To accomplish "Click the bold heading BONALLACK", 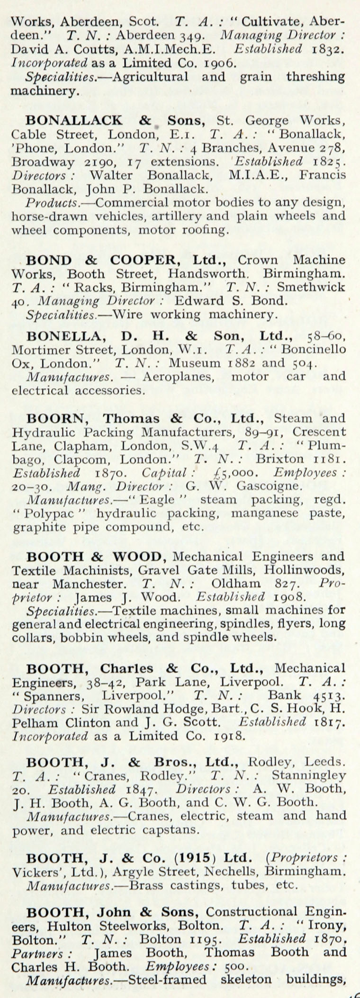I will click(74, 120).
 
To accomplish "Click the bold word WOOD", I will click(142, 556).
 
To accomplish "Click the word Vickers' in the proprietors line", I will click(35, 872).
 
